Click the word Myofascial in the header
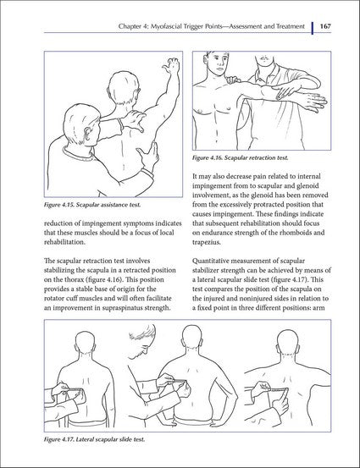145,27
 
